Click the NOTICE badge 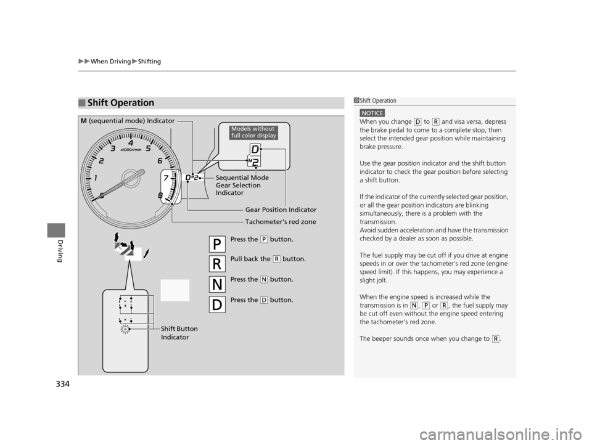coord(372,113)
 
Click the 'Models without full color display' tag coord(253,132)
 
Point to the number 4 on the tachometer coord(131,144)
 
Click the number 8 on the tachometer coord(160,196)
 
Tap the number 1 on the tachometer coord(96,178)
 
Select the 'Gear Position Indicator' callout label coord(281,210)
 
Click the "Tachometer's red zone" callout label coord(281,222)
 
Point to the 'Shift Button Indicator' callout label coord(178,333)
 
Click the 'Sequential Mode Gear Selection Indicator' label coord(240,186)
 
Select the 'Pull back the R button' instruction coord(267,259)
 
